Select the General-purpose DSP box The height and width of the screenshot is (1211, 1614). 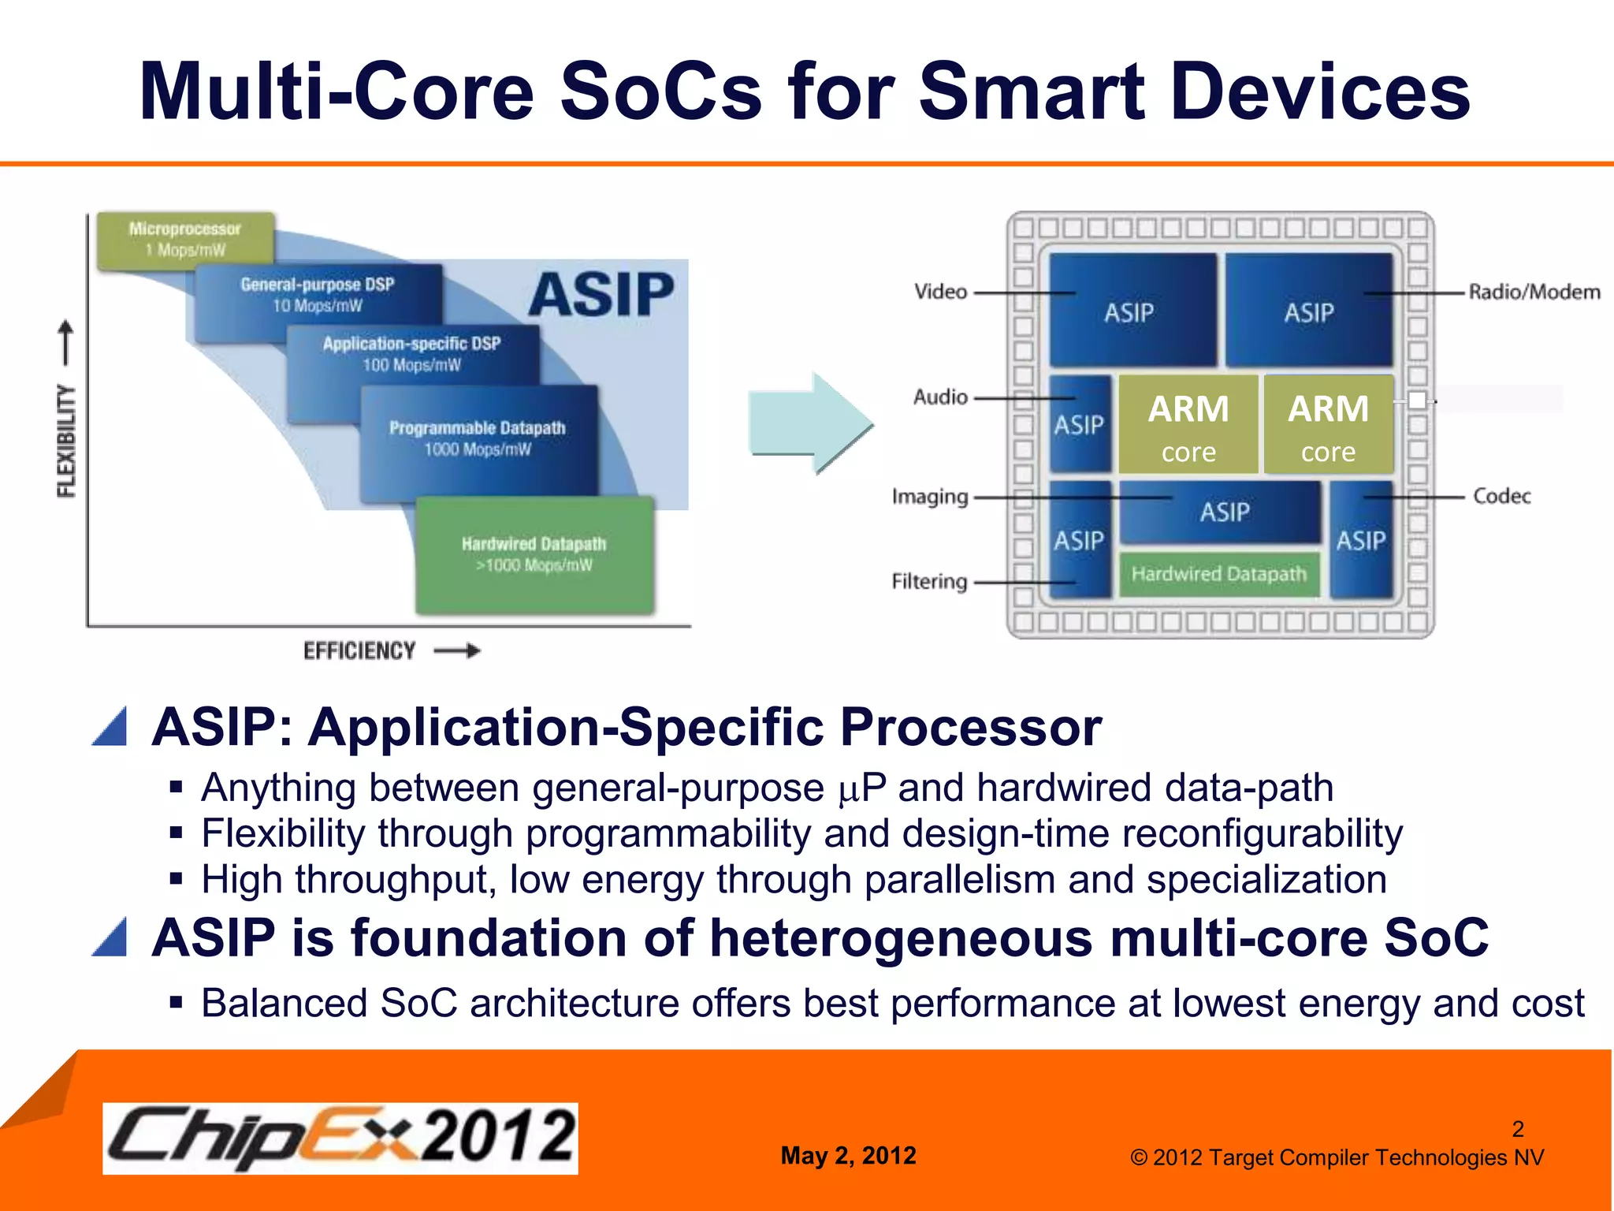pos(317,295)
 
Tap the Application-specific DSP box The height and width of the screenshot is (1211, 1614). pos(411,354)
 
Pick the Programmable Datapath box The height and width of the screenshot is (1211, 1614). pos(478,438)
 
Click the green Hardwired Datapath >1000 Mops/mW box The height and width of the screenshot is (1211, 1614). pos(534,554)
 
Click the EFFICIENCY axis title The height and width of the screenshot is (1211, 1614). pos(359,651)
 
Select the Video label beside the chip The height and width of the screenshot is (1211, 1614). pos(940,292)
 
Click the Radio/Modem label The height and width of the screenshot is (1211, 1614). pos(1534,293)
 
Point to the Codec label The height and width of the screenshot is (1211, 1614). pos(1501,496)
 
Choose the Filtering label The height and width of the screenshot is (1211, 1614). pos(929,582)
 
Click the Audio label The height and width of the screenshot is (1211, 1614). pos(940,397)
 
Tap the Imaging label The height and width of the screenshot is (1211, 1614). pos(930,497)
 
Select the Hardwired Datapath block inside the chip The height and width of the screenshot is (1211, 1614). pos(1218,574)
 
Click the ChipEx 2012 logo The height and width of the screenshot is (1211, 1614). pos(340,1138)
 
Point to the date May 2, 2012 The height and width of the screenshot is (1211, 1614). pos(848,1156)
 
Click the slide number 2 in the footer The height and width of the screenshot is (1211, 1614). pos(1518,1129)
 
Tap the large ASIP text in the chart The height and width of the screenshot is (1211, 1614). pos(601,295)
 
